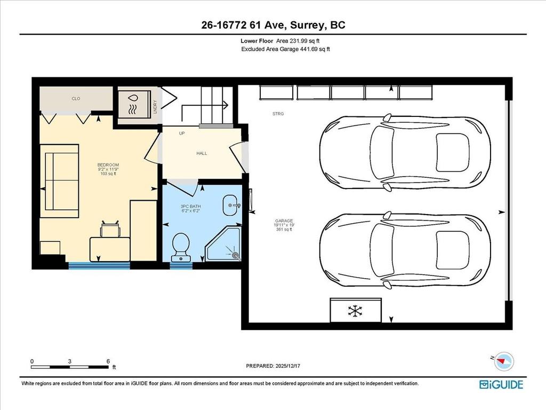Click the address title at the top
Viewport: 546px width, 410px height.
pyautogui.click(x=272, y=26)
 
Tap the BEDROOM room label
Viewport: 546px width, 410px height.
pyautogui.click(x=108, y=164)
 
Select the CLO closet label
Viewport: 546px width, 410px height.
pyautogui.click(x=76, y=99)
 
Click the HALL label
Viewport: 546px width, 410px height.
pyautogui.click(x=202, y=153)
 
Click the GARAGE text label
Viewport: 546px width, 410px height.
pyautogui.click(x=284, y=220)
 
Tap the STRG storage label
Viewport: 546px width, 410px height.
pyautogui.click(x=278, y=114)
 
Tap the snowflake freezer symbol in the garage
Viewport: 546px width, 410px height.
pyautogui.click(x=356, y=310)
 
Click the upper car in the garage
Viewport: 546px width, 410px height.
pyautogui.click(x=405, y=153)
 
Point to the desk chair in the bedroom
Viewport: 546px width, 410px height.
pyautogui.click(x=110, y=230)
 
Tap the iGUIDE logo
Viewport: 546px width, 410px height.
pyautogui.click(x=501, y=384)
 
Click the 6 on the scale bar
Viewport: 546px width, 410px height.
pyautogui.click(x=108, y=361)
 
